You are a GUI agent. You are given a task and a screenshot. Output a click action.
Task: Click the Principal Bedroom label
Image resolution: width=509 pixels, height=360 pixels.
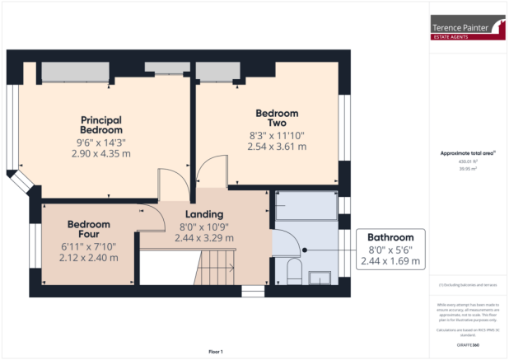coord(101,124)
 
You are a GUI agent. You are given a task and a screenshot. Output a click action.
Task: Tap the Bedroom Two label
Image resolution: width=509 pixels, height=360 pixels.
coord(277,118)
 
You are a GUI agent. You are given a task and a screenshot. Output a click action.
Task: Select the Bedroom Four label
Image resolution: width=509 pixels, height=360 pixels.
coord(88,230)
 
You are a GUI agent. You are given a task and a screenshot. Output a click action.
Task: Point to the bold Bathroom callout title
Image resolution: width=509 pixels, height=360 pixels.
coord(390,237)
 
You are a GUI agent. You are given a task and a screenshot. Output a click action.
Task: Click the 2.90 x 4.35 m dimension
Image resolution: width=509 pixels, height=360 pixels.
coord(101,153)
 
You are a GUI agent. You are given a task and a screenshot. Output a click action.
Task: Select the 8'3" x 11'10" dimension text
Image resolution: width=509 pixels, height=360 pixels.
coord(277,135)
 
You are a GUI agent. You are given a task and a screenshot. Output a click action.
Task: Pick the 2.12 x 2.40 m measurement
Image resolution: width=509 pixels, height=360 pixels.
coord(88,257)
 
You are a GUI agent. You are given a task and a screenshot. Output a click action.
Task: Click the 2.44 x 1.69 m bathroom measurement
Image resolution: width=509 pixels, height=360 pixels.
coord(390,262)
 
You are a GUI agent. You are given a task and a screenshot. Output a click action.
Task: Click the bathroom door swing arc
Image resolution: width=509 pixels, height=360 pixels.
coord(288,239)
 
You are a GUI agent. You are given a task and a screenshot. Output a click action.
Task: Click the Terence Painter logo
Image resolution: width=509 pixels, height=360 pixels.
coord(469,30)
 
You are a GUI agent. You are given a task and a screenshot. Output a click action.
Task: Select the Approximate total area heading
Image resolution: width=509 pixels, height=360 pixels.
coord(467,153)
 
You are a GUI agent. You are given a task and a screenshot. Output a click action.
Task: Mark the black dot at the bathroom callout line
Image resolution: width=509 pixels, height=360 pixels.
coord(305,250)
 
